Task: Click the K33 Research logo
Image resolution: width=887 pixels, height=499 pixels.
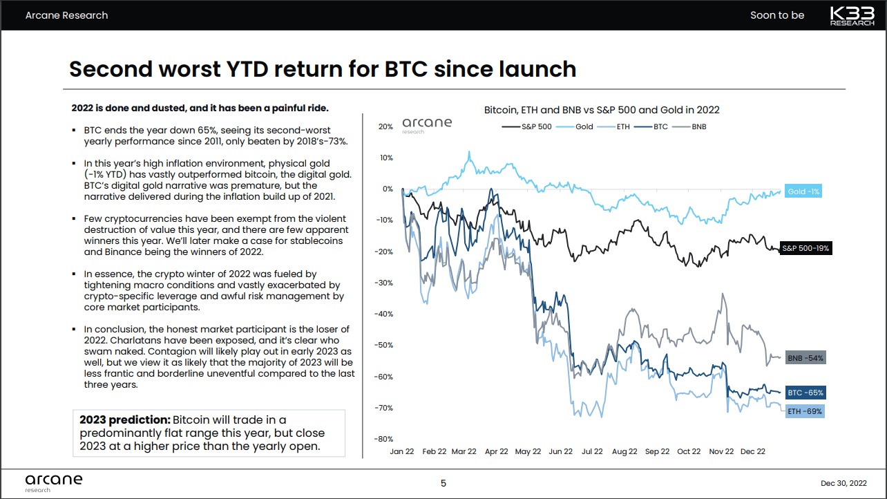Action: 852,15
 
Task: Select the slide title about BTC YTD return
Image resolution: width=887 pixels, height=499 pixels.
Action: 323,69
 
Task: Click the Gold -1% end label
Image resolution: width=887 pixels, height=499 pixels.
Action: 804,191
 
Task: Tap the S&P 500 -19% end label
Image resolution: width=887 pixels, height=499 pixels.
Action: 805,248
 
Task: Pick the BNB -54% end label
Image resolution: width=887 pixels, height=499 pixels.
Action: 805,358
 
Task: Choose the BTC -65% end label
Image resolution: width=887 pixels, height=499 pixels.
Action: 805,393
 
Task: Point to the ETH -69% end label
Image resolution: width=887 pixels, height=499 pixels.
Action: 805,411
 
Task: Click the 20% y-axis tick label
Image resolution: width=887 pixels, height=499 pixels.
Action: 385,126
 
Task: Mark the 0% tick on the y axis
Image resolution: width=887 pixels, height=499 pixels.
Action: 388,189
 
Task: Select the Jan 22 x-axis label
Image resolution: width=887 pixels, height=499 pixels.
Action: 401,451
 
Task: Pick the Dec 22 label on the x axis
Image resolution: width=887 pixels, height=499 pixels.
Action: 752,451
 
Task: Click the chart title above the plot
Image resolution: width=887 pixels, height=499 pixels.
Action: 602,110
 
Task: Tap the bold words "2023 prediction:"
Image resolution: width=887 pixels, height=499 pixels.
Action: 124,420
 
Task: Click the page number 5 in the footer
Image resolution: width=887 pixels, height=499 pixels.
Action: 443,483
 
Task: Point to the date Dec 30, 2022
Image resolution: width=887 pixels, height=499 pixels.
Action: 844,483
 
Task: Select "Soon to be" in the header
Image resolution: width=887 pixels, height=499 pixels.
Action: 777,15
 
